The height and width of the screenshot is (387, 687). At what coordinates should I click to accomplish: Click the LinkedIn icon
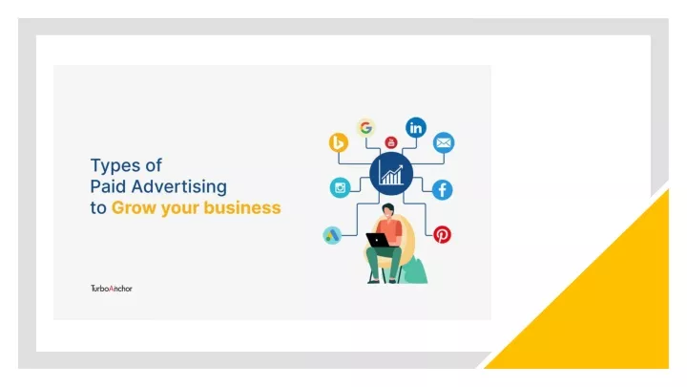tap(416, 128)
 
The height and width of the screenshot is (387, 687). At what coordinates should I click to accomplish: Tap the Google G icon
tap(365, 128)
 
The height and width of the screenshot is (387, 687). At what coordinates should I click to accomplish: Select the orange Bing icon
tap(339, 142)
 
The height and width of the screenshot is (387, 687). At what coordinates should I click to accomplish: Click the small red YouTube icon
tap(391, 142)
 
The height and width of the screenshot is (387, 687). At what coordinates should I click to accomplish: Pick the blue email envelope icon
tap(444, 142)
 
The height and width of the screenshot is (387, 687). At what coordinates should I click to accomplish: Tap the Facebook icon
tap(442, 190)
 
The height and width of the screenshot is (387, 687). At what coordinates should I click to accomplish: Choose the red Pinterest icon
tap(442, 234)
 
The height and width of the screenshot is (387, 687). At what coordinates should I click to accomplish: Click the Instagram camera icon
tap(340, 188)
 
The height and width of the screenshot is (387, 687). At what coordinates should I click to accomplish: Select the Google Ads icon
tap(332, 236)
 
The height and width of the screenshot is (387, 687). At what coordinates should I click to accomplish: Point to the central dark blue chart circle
tap(391, 174)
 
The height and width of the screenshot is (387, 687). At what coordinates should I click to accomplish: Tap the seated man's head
tap(387, 210)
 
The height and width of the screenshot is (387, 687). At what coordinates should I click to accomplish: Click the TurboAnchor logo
tap(112, 289)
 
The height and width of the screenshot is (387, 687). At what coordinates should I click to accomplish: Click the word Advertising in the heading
tap(178, 187)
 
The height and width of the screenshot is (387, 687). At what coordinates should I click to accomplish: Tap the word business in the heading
tap(242, 207)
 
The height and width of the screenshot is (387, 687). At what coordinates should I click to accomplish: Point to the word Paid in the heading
tap(109, 186)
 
